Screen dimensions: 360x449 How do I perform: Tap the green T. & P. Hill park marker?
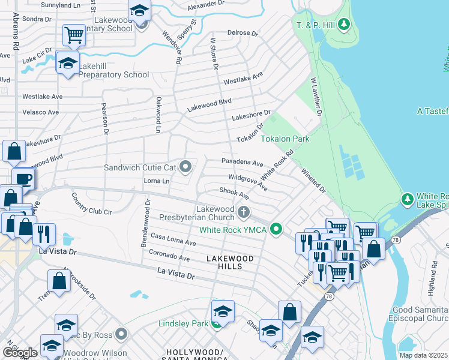343,25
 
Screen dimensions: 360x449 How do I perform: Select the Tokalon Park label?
285,139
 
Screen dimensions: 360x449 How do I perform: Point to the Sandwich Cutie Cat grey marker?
186,167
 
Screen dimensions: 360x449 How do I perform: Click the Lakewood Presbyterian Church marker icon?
244,211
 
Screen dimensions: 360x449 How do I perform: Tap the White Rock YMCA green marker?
276,229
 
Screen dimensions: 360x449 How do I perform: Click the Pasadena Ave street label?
242,163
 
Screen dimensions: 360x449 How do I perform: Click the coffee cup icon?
23,178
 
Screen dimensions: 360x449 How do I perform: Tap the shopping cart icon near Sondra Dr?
74,34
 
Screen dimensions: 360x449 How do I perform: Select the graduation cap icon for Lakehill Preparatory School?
68,62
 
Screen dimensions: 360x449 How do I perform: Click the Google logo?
20,352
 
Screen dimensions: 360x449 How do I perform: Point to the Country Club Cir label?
91,204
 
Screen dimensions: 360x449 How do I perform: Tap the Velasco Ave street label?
40,112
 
